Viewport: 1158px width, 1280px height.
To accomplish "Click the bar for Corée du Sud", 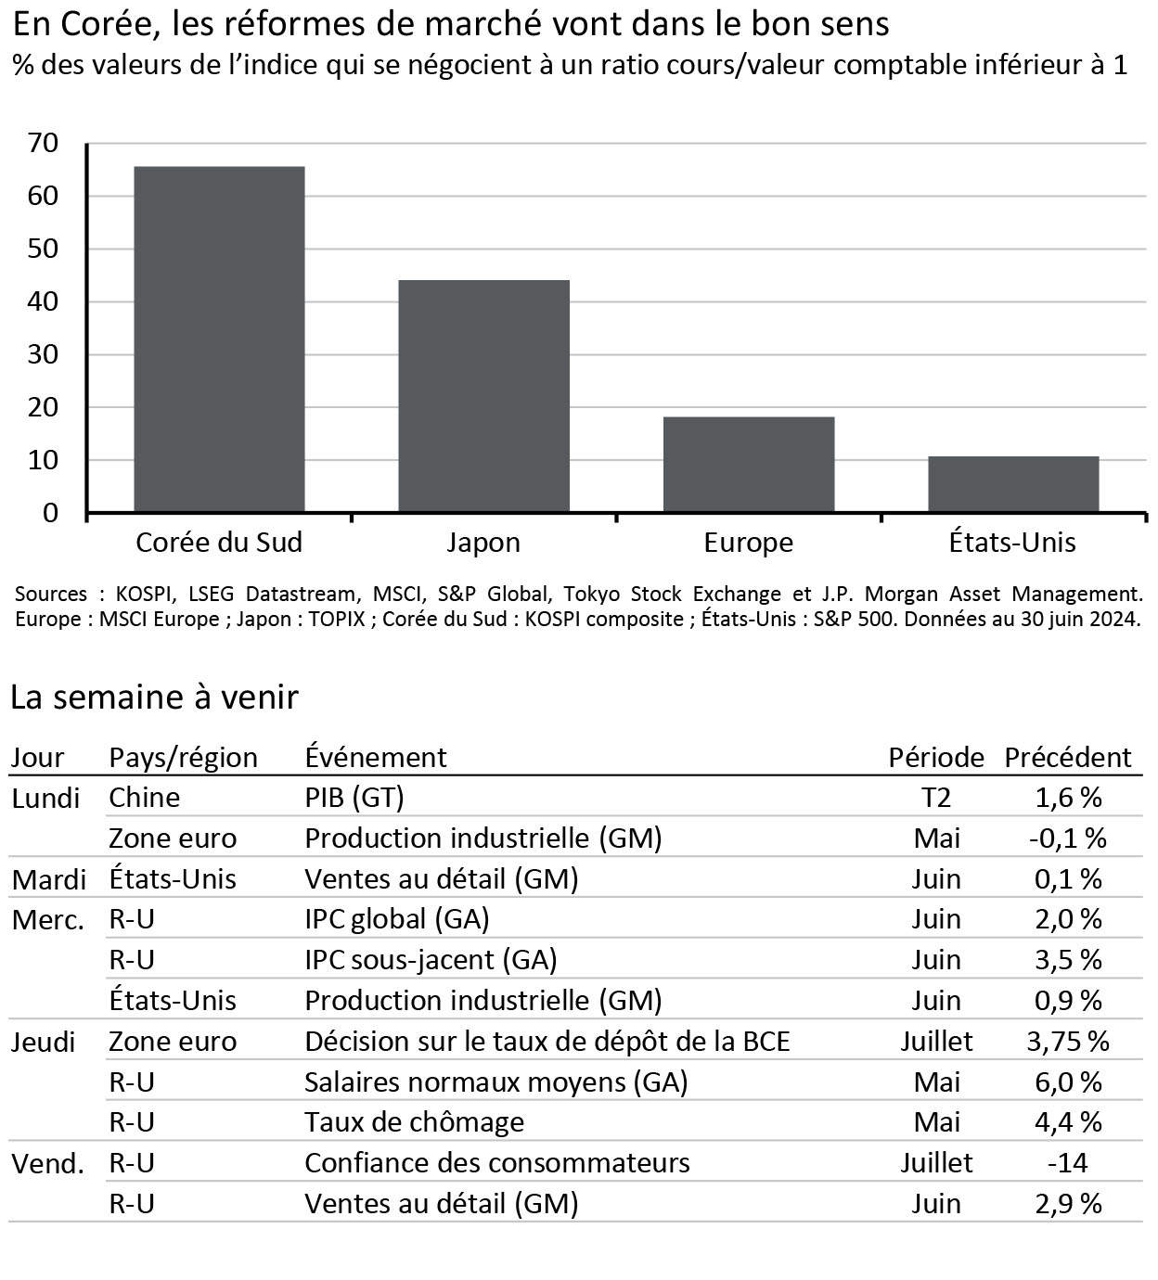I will click(x=219, y=339).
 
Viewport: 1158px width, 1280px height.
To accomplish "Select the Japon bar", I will click(x=483, y=396).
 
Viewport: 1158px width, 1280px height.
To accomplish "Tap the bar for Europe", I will click(x=748, y=465).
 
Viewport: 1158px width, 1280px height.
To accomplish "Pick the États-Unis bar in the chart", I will click(x=1013, y=484).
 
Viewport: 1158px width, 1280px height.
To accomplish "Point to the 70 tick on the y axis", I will click(x=44, y=143).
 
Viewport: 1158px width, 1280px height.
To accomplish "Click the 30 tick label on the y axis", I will click(x=44, y=354).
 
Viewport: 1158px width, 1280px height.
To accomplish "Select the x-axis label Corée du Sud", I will click(x=219, y=543).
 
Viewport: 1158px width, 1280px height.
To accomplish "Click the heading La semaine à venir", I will click(x=154, y=698).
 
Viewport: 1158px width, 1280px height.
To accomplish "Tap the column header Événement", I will click(x=375, y=758).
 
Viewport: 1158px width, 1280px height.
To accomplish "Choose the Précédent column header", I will click(x=1067, y=758).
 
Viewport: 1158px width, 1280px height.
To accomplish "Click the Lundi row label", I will click(x=45, y=798).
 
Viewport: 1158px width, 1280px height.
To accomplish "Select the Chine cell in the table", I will click(x=144, y=798).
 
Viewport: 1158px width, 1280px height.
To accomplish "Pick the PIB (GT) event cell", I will click(x=354, y=798).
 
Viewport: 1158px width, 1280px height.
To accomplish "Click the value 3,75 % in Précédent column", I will click(x=1067, y=1042).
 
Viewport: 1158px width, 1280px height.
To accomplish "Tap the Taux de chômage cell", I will click(x=414, y=1122).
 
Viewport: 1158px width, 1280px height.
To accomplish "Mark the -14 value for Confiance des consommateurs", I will click(x=1067, y=1163).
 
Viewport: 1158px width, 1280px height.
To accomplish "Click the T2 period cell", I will click(x=935, y=798).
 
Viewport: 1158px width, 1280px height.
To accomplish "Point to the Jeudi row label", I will click(x=43, y=1042).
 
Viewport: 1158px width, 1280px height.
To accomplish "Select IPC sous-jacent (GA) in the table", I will click(x=431, y=960).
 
